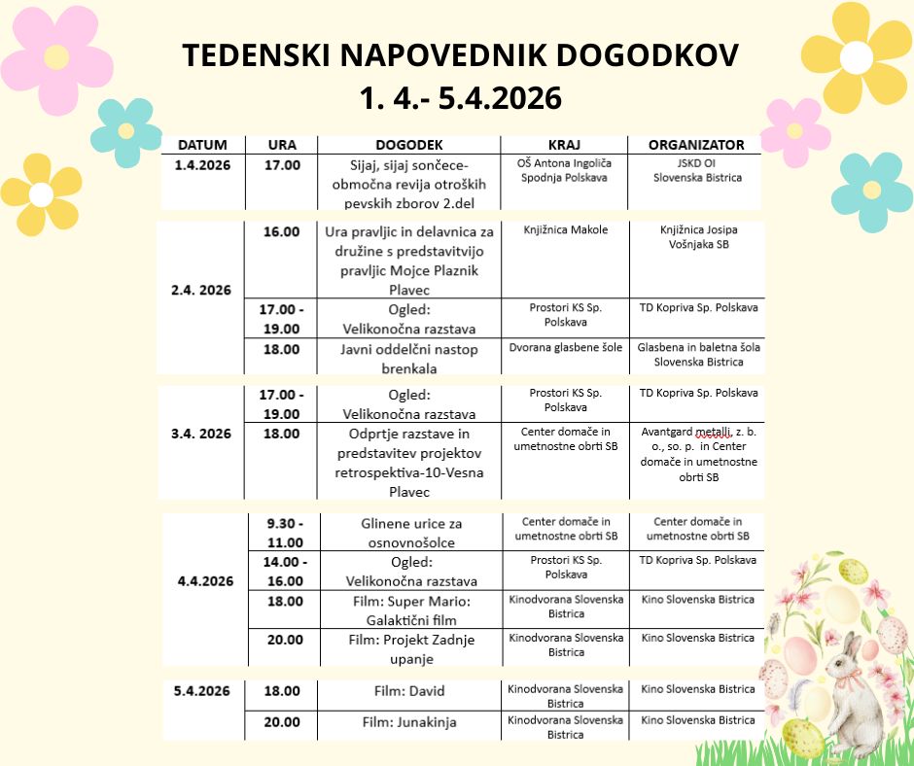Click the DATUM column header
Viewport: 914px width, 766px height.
[202, 145]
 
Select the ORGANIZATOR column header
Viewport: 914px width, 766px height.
[695, 145]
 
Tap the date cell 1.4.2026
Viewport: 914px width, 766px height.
[202, 165]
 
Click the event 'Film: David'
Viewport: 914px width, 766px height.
[409, 691]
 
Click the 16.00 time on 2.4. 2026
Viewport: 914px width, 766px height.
[282, 231]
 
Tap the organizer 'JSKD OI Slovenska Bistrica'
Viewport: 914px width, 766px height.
[697, 171]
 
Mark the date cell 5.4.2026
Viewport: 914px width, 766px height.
[202, 691]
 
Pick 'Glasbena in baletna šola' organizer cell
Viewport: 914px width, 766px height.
[698, 355]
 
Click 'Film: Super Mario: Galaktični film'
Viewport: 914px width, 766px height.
[409, 609]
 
